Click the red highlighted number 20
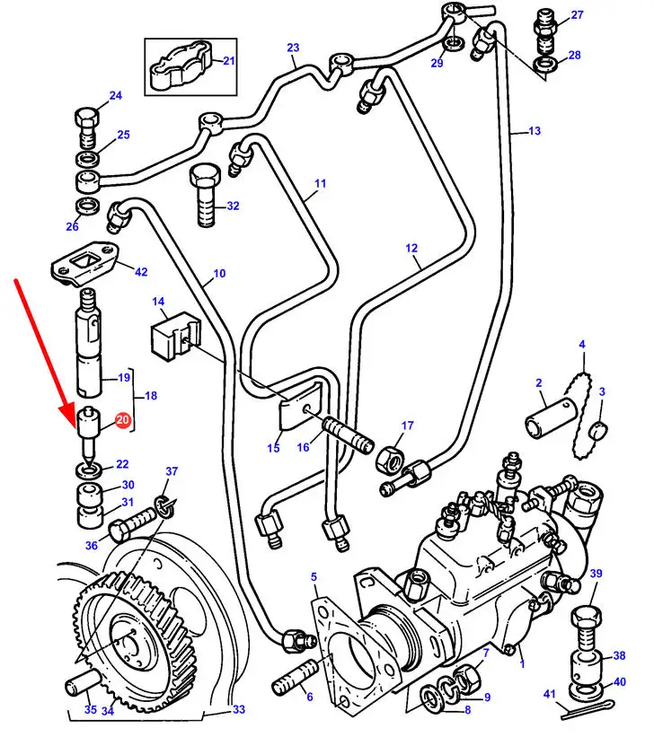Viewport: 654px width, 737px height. [x=122, y=419]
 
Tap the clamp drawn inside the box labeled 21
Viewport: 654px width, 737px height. [x=181, y=68]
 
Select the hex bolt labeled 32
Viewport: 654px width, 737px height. [x=205, y=195]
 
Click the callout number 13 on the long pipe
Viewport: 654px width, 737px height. [x=535, y=131]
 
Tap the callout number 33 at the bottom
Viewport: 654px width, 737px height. [x=239, y=709]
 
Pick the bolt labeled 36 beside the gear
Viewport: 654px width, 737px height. [x=132, y=524]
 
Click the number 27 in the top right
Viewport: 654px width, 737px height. [x=577, y=14]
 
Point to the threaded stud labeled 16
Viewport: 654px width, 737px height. [x=348, y=435]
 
